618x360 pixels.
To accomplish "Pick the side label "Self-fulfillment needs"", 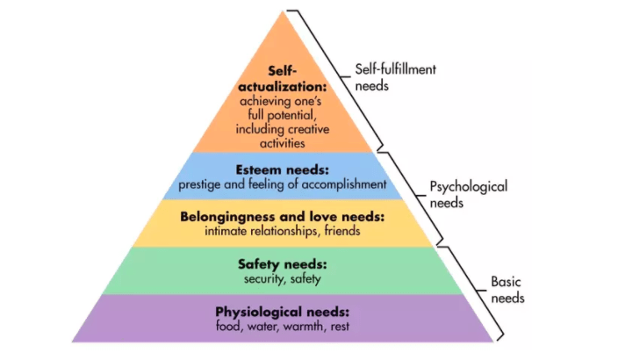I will pyautogui.click(x=395, y=76).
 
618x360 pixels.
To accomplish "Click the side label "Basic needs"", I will pyautogui.click(x=507, y=290).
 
